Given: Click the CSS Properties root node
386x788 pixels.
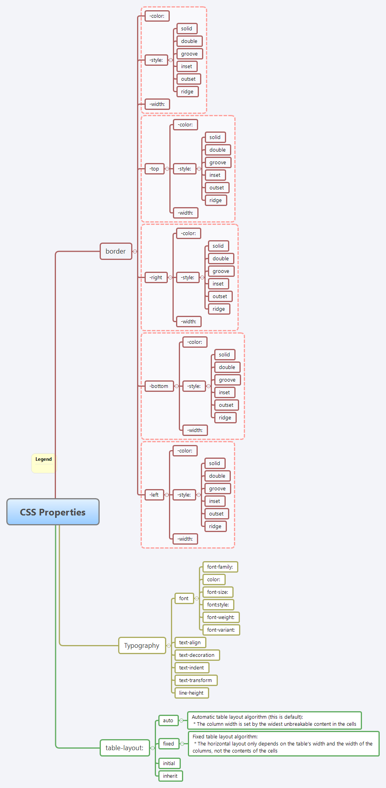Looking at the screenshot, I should click(53, 512).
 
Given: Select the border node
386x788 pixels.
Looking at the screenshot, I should click(116, 251).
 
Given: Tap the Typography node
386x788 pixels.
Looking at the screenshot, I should click(142, 645).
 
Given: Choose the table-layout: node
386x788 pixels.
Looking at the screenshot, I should click(124, 748).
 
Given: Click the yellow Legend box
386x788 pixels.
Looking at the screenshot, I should click(44, 463).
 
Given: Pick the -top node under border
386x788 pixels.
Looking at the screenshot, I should click(154, 169).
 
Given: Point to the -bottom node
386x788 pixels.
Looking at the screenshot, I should click(159, 386).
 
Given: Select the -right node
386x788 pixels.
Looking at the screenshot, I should click(156, 278).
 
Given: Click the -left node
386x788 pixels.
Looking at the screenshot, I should click(154, 495).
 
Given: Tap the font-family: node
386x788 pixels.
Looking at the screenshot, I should click(220, 567).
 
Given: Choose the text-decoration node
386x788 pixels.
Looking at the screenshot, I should click(197, 655).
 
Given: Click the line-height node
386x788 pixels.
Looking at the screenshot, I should click(191, 693).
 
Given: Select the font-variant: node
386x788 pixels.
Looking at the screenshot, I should click(221, 630).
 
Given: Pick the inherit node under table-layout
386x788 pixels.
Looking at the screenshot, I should click(170, 776).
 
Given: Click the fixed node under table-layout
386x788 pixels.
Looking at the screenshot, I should click(169, 744).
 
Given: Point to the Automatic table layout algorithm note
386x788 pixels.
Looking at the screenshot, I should click(274, 721).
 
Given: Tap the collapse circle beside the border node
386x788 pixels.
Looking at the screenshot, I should click(135, 251).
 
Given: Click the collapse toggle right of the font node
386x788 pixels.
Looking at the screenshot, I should click(197, 599).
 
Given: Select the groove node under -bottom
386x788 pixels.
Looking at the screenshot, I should click(227, 380).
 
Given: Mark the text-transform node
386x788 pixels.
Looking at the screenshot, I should click(196, 680).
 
